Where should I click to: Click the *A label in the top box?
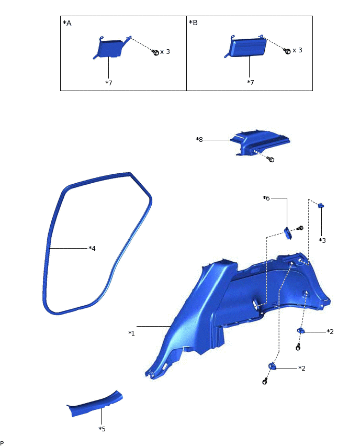point(66,24)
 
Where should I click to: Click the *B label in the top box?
point(193,24)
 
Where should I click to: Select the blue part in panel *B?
point(245,48)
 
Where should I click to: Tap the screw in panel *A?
point(155,52)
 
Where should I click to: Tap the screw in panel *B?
point(287,51)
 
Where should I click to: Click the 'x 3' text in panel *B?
point(298,50)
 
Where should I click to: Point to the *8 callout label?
point(199,139)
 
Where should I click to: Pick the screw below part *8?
point(271,159)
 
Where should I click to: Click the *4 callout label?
point(92,248)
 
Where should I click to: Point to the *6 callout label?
point(266,198)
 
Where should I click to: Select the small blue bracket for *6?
point(287,231)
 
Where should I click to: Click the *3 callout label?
point(322,240)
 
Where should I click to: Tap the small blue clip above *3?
point(321,206)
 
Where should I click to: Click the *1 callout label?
point(132,333)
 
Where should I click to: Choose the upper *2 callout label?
point(330,331)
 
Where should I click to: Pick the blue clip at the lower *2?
point(272,366)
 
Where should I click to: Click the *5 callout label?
point(102,429)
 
